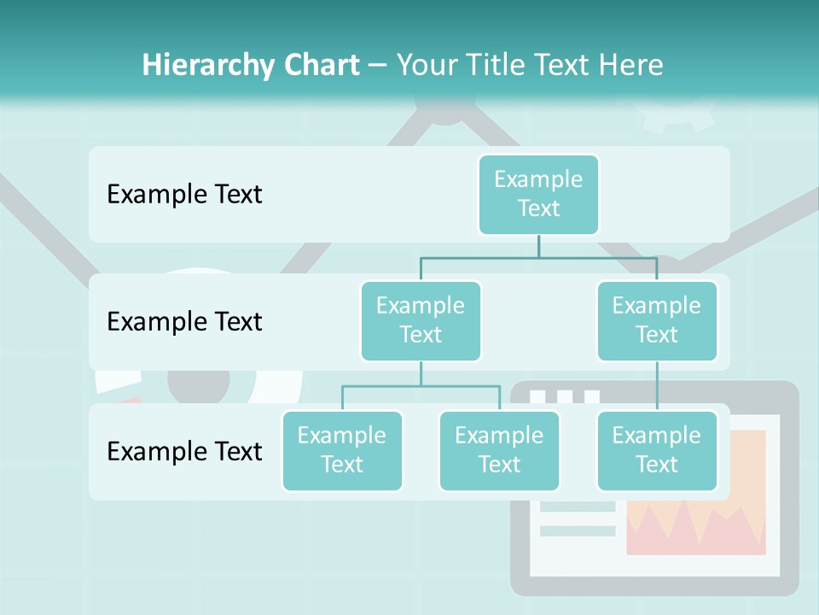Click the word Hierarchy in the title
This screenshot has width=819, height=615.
(x=207, y=65)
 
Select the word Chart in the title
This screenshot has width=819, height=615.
(x=321, y=65)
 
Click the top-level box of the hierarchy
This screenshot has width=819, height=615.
(x=538, y=194)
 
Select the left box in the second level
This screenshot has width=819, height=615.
(x=421, y=320)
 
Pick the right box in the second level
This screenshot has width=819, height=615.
(x=657, y=320)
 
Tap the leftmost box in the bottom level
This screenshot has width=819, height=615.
(x=342, y=450)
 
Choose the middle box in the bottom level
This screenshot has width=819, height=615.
(x=499, y=450)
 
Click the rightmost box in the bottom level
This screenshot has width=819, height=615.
(x=657, y=450)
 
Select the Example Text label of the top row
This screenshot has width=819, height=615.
(x=184, y=194)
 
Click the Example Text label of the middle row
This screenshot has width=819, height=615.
(x=184, y=321)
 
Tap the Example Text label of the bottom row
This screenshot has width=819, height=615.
(x=184, y=451)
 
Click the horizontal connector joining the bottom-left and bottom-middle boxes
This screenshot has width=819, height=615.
(x=421, y=386)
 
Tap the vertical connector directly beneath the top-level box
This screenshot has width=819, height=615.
(x=538, y=246)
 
